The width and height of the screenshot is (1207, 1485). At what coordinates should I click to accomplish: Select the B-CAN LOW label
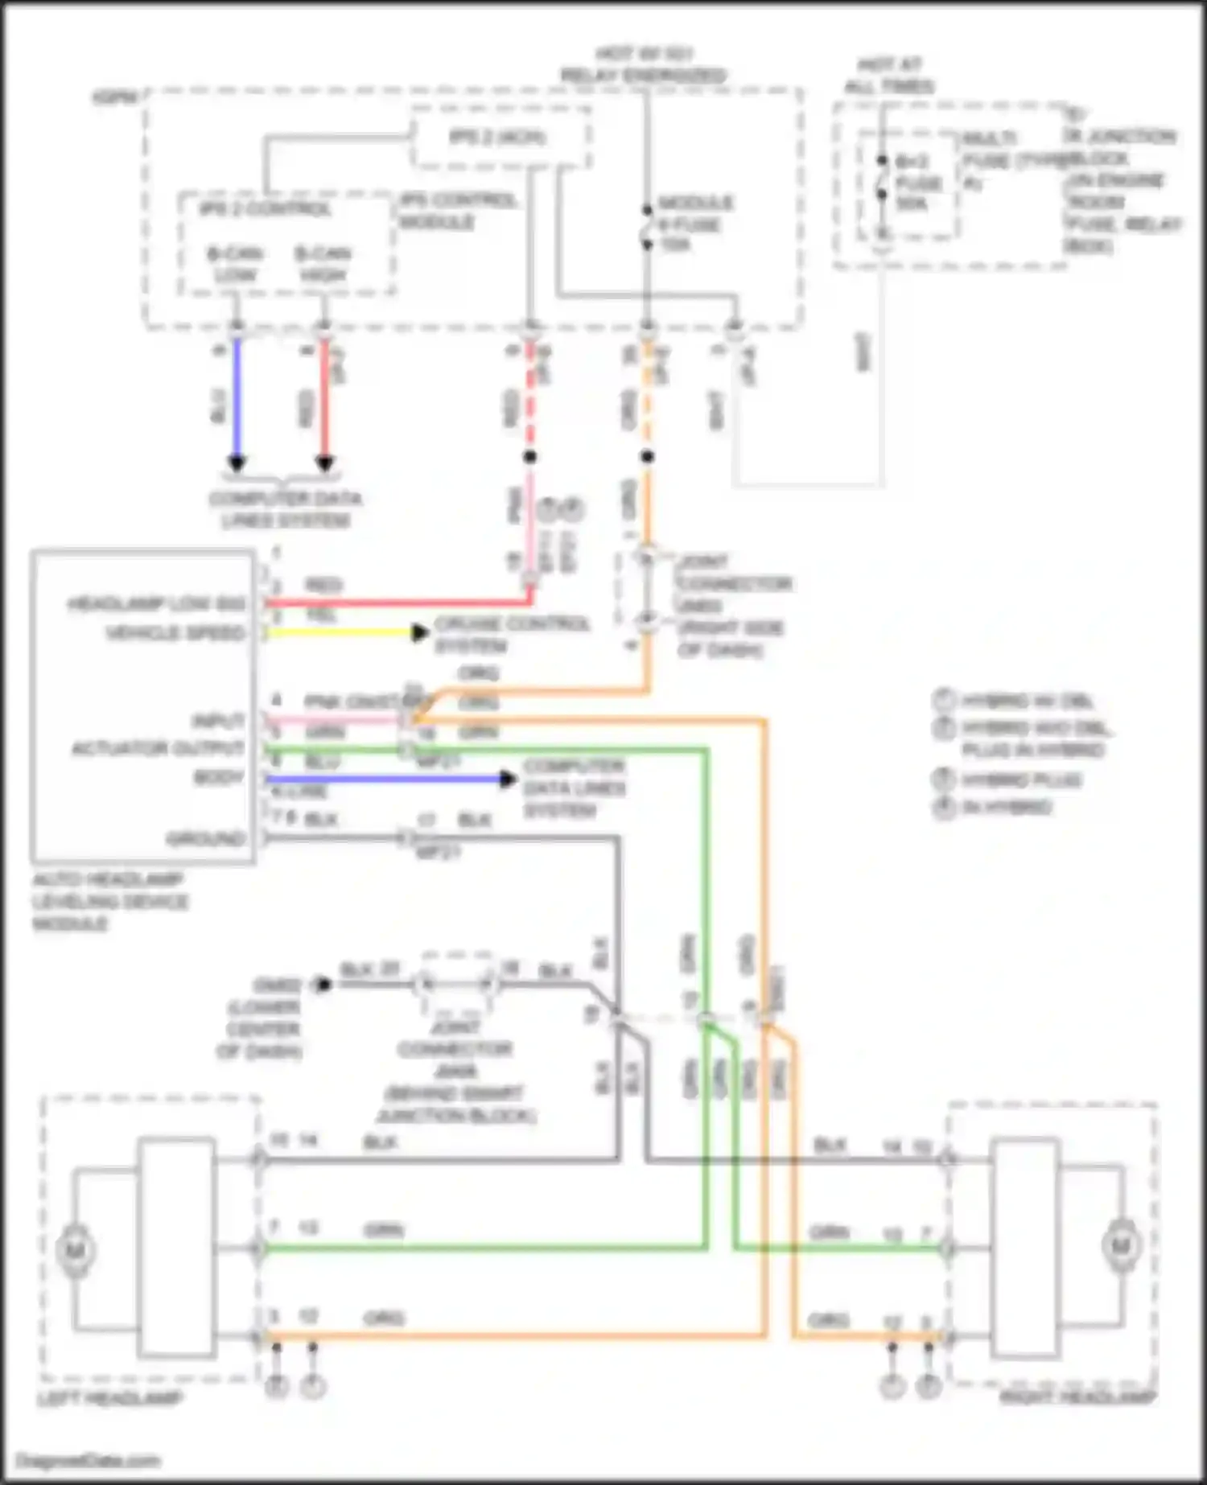(x=234, y=265)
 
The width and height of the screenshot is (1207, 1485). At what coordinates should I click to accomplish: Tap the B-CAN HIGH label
(x=323, y=265)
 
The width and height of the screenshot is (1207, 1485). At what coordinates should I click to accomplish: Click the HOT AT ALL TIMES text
(x=888, y=75)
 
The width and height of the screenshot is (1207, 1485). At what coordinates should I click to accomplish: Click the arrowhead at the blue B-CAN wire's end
(x=237, y=463)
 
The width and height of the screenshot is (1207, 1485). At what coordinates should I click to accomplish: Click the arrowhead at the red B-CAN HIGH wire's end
(x=324, y=463)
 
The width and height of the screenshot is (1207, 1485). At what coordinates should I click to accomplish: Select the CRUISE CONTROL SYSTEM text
(x=512, y=635)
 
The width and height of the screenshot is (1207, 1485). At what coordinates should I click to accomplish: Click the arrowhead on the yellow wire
(x=419, y=633)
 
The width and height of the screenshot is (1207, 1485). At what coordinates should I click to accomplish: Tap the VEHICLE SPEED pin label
(x=175, y=633)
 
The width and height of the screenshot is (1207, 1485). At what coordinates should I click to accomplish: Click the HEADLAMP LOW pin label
(x=156, y=603)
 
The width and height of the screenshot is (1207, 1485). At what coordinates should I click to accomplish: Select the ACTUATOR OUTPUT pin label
(x=158, y=749)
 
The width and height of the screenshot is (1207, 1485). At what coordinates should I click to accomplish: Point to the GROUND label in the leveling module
(x=205, y=839)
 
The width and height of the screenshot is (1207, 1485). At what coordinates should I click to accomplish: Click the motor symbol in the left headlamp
(x=76, y=1250)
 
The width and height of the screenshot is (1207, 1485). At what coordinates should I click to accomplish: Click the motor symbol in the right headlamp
(x=1121, y=1246)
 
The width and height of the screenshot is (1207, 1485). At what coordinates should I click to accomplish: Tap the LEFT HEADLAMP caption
(x=110, y=1399)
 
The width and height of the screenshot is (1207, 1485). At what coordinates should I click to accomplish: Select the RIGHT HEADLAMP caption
(x=1077, y=1397)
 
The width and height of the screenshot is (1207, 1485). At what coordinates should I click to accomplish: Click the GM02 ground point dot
(x=323, y=985)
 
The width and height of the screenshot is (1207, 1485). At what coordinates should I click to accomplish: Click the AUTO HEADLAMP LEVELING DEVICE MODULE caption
(x=109, y=901)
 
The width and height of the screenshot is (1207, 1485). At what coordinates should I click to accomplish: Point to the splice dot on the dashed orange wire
(x=648, y=457)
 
